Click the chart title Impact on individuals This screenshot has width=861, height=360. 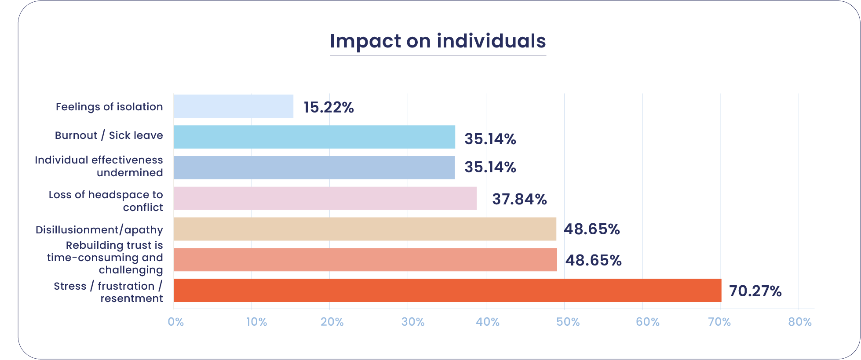pyautogui.click(x=438, y=41)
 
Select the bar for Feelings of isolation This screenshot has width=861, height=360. pyautogui.click(x=233, y=106)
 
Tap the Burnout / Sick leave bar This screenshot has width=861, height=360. pyautogui.click(x=314, y=137)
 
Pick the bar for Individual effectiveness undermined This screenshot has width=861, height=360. pyautogui.click(x=314, y=167)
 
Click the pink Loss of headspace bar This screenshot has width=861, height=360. pyautogui.click(x=325, y=198)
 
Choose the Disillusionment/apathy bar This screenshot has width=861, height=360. pyautogui.click(x=365, y=229)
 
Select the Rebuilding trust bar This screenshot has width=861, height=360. pyautogui.click(x=365, y=260)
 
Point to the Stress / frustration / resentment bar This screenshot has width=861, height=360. pyautogui.click(x=448, y=290)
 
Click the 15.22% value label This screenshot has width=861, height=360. pyautogui.click(x=328, y=107)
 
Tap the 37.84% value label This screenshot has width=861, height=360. pyautogui.click(x=519, y=199)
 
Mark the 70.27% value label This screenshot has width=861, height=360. pyautogui.click(x=755, y=291)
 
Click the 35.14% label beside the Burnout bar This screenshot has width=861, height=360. pyautogui.click(x=490, y=139)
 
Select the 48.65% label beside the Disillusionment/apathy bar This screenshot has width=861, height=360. pyautogui.click(x=591, y=229)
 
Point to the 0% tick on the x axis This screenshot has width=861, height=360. pyautogui.click(x=175, y=322)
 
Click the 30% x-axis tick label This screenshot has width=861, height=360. pyautogui.click(x=413, y=322)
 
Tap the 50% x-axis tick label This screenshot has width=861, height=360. pyautogui.click(x=568, y=322)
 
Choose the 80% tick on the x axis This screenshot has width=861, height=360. pyautogui.click(x=799, y=322)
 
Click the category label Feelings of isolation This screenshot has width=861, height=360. pyautogui.click(x=109, y=107)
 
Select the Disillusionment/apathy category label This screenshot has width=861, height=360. pyautogui.click(x=99, y=230)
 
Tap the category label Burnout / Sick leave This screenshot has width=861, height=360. pyautogui.click(x=109, y=135)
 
